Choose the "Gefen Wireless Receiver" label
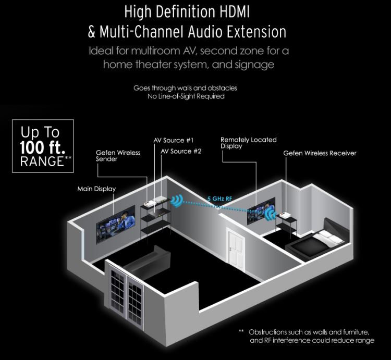320,153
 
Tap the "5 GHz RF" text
216,198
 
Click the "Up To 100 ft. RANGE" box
43,145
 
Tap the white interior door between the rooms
237,248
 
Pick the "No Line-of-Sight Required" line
186,97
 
